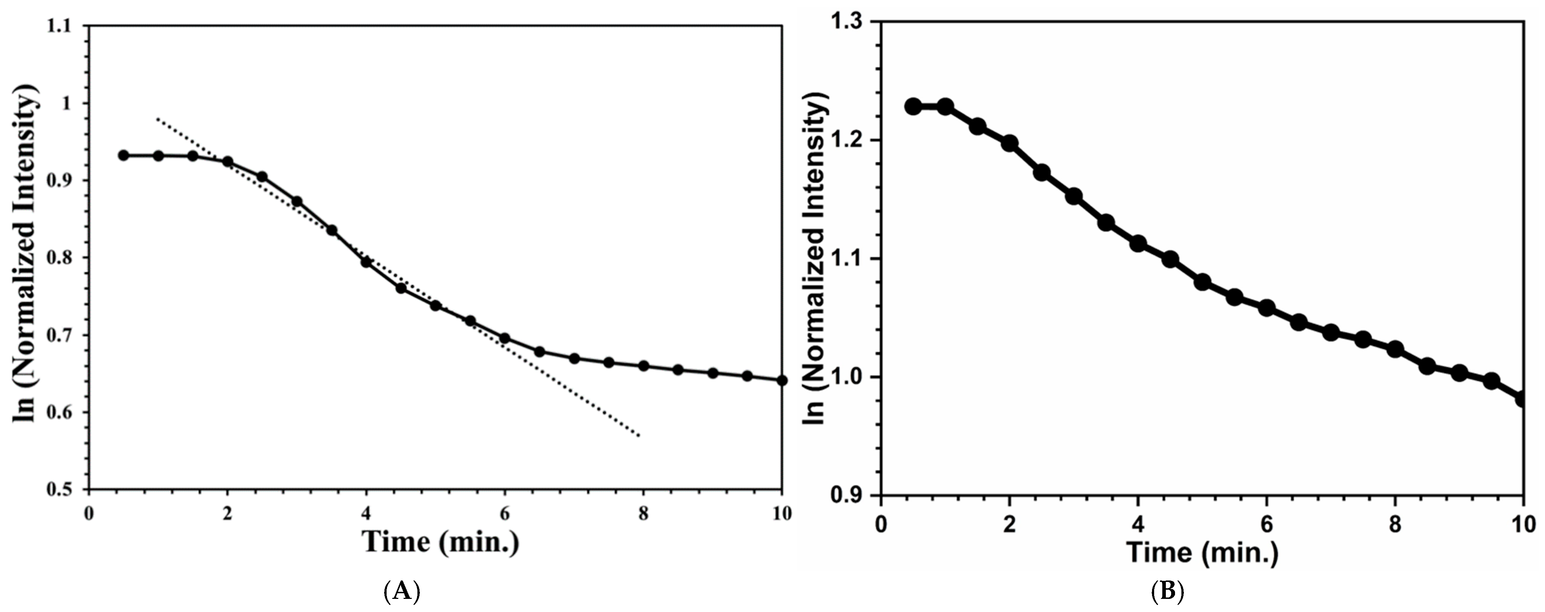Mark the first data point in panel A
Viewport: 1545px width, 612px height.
124,155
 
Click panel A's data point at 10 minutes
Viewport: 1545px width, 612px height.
781,380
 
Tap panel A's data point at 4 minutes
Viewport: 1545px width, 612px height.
366,262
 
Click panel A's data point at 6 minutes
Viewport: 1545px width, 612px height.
504,338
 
